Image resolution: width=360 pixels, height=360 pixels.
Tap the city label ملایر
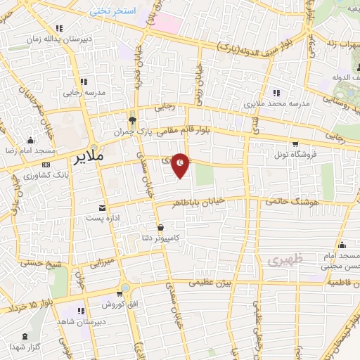pos(88,158)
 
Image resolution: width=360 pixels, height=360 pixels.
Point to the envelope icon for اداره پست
pos(103,208)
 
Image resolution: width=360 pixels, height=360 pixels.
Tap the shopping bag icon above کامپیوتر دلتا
pos(162,227)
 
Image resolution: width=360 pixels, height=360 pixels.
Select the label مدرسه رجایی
pos(84,92)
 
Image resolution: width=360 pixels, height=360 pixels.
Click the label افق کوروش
pos(112,304)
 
